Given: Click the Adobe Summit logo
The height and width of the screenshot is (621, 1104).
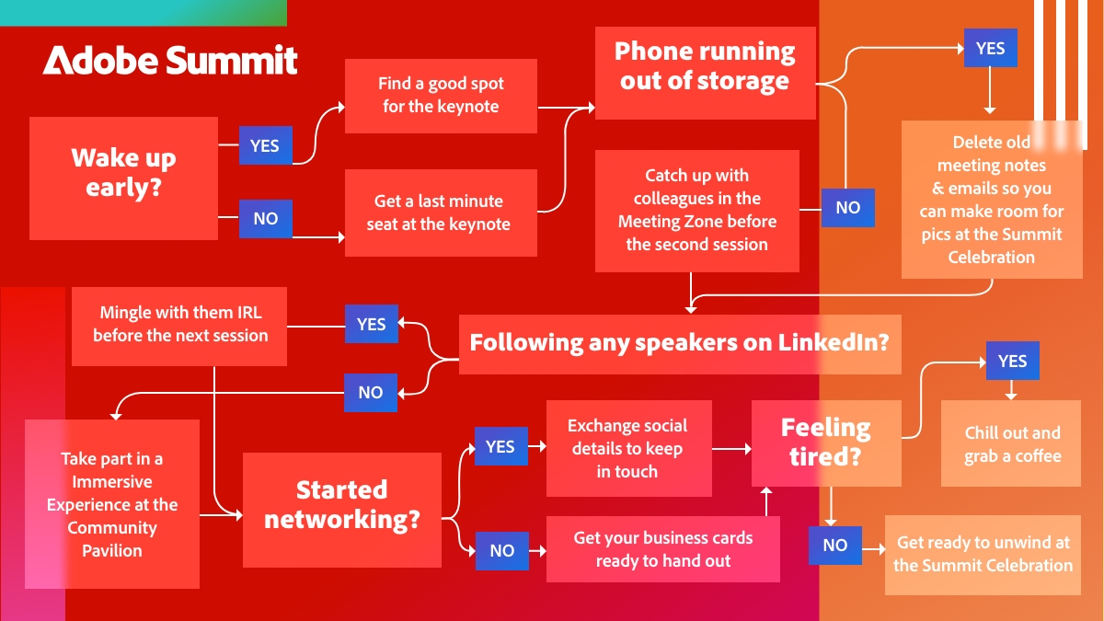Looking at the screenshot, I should (170, 60).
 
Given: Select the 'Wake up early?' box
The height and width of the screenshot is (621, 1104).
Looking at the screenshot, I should (123, 173).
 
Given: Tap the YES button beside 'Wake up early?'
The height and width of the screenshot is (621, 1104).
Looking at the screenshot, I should (265, 145).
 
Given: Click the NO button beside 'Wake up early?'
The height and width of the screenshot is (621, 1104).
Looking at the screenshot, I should (265, 219).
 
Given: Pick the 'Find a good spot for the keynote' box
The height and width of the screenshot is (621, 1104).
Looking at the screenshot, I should (441, 96).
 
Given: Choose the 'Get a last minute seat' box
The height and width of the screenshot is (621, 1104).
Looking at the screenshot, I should (441, 213).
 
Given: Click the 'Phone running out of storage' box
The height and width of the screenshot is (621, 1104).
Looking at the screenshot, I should (705, 67).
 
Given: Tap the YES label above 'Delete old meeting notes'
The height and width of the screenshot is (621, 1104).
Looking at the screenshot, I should (990, 48).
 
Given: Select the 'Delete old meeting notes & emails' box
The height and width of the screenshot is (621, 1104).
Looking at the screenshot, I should (991, 200).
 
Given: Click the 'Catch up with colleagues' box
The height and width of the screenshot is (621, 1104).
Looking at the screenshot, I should (696, 211).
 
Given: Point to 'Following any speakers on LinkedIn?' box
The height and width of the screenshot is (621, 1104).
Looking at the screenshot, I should (679, 343).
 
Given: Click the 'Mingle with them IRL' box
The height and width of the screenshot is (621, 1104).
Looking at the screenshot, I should (179, 325).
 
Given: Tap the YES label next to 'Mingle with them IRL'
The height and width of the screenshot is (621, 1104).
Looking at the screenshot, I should (371, 324).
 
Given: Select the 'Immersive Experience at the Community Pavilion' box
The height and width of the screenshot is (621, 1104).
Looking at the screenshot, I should (112, 504).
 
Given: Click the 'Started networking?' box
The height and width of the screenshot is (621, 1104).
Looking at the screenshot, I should (341, 504).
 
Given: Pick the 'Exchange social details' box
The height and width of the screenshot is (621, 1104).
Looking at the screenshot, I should (628, 449).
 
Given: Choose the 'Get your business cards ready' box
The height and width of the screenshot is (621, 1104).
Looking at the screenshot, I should (662, 549).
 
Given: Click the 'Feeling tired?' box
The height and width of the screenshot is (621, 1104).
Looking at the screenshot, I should (825, 442).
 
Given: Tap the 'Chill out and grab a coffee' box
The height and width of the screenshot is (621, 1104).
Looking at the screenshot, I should (1011, 443).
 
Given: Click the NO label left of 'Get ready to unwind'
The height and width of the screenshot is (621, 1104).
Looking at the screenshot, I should (834, 545).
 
